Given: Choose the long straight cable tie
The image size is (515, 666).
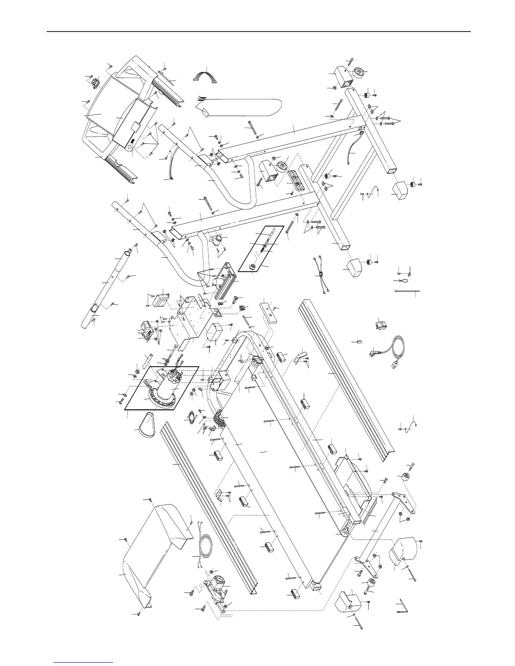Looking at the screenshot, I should click(x=406, y=291).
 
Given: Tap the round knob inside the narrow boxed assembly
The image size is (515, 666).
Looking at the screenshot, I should click(x=253, y=266).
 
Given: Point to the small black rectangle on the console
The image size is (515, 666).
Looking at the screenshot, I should click(x=132, y=141).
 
